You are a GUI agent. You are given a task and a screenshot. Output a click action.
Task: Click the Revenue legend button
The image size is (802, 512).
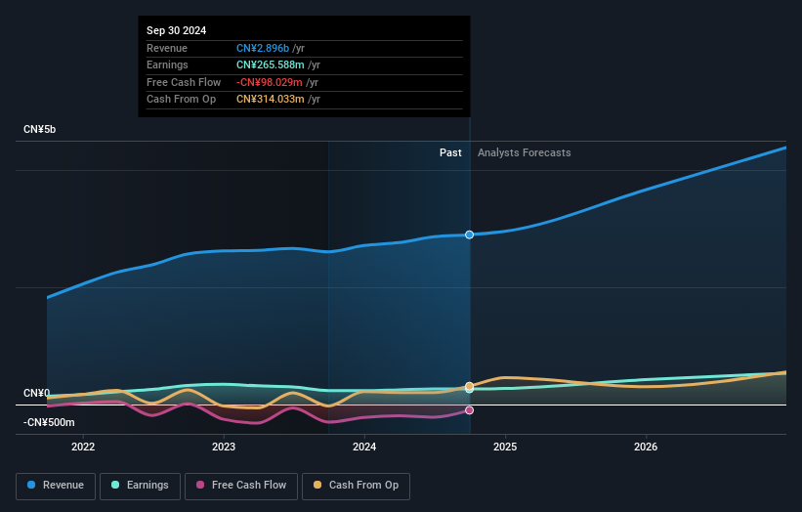(x=56, y=485)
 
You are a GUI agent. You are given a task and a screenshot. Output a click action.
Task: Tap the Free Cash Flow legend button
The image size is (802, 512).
(x=241, y=485)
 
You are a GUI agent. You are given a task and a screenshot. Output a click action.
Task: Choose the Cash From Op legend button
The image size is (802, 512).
(x=357, y=485)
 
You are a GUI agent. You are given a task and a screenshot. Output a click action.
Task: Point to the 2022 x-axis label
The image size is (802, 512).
(x=83, y=448)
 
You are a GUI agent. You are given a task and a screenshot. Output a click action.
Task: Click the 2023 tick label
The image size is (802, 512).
(x=224, y=448)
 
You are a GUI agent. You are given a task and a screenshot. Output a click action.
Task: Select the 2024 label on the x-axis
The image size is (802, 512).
(x=364, y=448)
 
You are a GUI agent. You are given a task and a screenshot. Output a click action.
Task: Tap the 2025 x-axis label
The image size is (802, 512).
(x=505, y=448)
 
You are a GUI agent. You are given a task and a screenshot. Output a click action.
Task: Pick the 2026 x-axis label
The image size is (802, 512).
(x=646, y=448)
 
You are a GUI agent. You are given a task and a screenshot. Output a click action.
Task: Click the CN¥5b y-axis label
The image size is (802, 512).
(x=39, y=130)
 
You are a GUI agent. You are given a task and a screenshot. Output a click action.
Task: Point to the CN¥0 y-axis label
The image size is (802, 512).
(x=36, y=394)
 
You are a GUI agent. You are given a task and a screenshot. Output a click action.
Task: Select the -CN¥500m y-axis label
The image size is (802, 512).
(x=49, y=423)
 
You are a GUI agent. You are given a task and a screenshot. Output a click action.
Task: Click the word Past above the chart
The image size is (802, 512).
(x=450, y=152)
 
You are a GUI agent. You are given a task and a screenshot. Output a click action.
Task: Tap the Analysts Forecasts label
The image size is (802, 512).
(x=524, y=152)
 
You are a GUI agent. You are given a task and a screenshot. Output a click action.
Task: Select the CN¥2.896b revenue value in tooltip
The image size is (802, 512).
(x=264, y=48)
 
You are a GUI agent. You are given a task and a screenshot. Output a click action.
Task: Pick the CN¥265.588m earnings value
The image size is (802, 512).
(x=271, y=65)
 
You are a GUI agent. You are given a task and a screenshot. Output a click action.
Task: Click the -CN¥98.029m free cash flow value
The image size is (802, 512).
(x=270, y=82)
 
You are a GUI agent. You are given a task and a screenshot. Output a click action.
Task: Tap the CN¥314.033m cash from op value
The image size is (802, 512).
(x=271, y=99)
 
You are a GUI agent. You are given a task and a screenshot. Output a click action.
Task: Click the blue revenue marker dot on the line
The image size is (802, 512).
(x=470, y=235)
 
